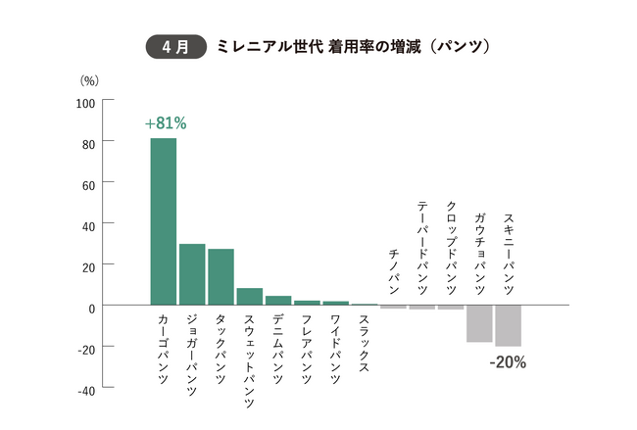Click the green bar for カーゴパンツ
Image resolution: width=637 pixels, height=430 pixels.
(163, 221)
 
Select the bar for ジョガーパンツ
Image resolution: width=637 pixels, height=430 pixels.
(192, 274)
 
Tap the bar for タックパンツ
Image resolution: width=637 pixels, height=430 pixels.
(220, 277)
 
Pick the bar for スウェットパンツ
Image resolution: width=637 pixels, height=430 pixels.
(250, 297)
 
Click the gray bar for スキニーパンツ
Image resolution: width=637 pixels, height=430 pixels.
(508, 326)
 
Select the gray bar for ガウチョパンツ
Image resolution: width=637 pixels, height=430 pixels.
(479, 324)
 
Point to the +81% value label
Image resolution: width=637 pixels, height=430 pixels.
(165, 124)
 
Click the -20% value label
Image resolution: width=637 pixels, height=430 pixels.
(508, 361)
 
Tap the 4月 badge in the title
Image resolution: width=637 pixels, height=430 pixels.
(175, 46)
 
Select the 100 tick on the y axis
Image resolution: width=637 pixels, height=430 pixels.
(85, 102)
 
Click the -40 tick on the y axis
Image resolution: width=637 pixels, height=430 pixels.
(85, 389)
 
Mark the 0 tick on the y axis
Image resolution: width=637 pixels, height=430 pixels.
(91, 307)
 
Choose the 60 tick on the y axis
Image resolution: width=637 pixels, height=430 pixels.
(87, 184)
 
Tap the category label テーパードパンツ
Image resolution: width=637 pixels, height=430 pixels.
(422, 245)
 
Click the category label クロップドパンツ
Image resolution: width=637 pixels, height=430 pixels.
(451, 245)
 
